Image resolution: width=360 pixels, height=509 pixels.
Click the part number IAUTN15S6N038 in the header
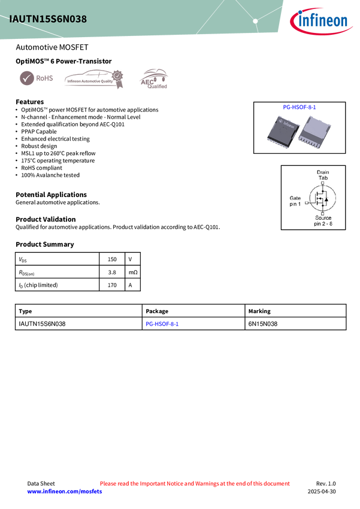pos(48,19)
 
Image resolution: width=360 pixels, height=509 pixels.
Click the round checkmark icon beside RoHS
pos(26,78)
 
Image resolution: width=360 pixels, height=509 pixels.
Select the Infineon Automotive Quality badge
pos(93,78)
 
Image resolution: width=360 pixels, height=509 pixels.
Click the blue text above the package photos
pos(300,107)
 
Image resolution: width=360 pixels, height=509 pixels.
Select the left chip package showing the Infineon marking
pos(281,129)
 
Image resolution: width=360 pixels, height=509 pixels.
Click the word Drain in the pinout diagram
pos(323,172)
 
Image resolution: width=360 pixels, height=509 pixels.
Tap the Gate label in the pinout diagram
pos(295,198)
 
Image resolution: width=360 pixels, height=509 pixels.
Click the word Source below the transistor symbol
pos(323,218)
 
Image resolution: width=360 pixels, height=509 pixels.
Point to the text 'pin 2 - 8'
pos(323,224)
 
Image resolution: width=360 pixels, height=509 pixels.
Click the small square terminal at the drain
pos(323,184)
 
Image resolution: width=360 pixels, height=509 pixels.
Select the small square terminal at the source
pos(323,213)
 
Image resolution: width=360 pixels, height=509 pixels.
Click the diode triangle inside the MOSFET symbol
pos(326,199)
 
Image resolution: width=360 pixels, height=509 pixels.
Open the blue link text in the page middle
pos(162,324)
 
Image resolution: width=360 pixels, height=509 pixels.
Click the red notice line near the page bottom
pos(195,483)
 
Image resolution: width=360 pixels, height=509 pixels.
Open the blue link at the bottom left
pos(65,492)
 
